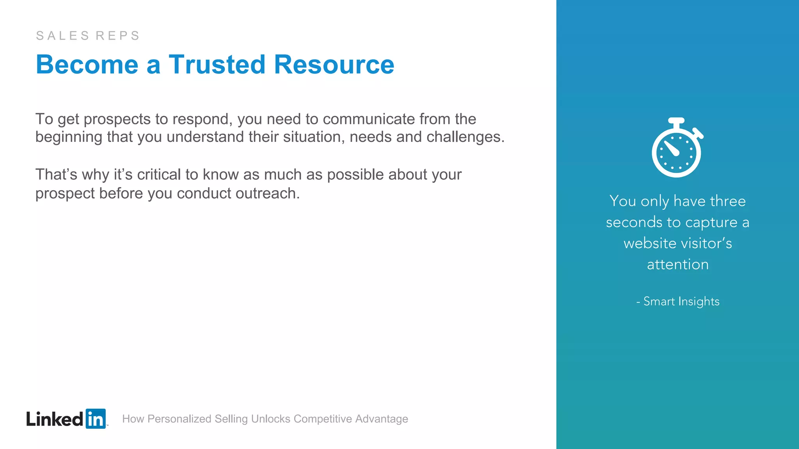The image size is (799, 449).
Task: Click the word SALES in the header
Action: pos(63,35)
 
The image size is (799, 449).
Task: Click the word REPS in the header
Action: pos(117,35)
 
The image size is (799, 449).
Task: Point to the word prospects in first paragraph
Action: pos(117,119)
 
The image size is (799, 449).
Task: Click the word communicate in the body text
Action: pos(369,119)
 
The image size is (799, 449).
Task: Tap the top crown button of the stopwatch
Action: pos(676,121)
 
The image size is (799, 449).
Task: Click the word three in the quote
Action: pos(728,201)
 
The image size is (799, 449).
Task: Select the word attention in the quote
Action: pos(678,264)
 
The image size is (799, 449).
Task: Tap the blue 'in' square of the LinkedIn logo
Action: pos(96,419)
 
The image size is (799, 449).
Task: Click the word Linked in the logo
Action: pos(55,419)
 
